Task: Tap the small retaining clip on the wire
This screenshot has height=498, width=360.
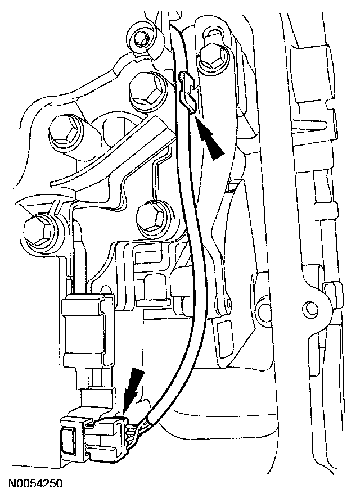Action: coord(189,92)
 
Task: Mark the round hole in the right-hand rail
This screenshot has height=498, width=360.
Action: coord(309,307)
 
